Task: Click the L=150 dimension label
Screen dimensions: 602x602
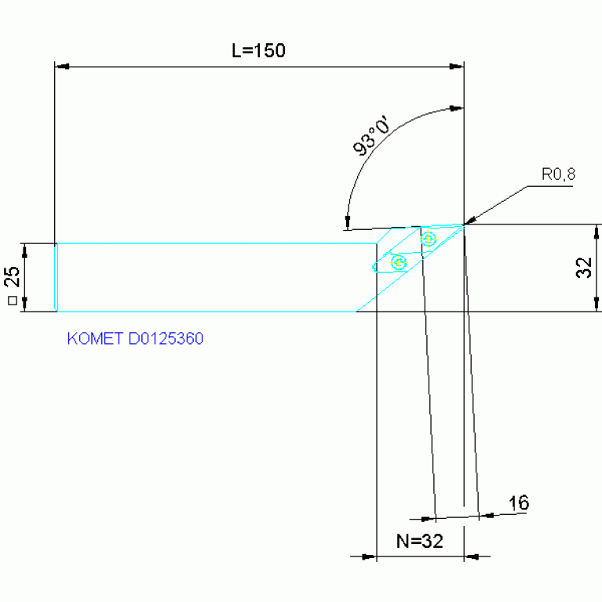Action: (x=258, y=50)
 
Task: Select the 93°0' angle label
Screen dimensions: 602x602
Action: (x=370, y=136)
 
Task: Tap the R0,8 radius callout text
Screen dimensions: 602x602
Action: (x=558, y=174)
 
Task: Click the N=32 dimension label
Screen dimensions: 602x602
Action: (x=420, y=541)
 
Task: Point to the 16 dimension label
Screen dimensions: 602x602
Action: (x=519, y=502)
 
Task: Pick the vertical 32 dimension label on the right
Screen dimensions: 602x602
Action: (x=584, y=268)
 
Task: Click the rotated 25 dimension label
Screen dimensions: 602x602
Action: (x=12, y=276)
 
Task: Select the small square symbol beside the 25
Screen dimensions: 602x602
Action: (x=13, y=301)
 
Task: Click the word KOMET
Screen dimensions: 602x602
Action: (x=95, y=338)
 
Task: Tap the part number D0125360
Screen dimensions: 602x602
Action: (x=166, y=338)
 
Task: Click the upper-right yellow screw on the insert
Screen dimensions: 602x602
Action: (x=428, y=239)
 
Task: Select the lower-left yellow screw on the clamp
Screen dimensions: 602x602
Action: (x=399, y=263)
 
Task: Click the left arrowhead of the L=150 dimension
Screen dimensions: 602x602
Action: (x=62, y=67)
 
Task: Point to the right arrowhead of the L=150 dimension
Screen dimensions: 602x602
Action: (x=457, y=67)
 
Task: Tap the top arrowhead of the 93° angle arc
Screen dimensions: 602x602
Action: (x=457, y=108)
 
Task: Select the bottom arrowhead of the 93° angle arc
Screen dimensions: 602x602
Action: (x=348, y=222)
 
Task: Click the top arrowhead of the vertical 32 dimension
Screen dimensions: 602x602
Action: (x=597, y=232)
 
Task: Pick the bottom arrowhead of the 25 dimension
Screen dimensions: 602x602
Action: (x=25, y=304)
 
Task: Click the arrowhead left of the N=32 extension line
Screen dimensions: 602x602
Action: (x=370, y=556)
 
